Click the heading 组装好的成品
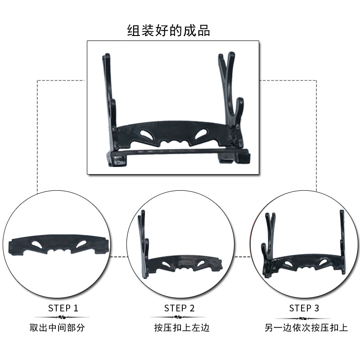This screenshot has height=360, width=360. click(168, 31)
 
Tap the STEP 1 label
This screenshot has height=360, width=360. click(63, 308)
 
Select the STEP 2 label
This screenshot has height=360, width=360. click(179, 308)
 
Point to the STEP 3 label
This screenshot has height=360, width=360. click(304, 308)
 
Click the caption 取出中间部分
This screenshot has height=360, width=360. click(57, 328)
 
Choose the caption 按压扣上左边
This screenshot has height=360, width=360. click(182, 328)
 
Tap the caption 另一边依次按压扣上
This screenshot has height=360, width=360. click(306, 328)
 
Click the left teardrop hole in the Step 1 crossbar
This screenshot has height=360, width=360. click(37, 244)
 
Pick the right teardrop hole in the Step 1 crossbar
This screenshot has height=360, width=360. click(81, 244)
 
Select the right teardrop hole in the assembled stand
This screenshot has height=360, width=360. click(201, 134)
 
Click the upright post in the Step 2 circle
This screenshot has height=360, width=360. click(143, 243)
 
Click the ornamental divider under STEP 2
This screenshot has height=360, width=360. click(178, 317)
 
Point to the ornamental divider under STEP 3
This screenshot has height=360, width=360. click(303, 319)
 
